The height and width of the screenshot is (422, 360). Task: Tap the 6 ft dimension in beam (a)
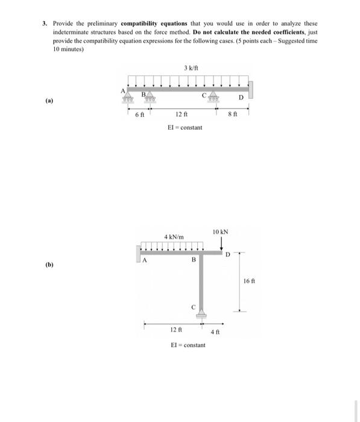[140, 115]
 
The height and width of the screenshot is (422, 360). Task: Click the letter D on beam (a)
[241, 96]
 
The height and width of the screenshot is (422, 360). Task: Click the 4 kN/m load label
[174, 236]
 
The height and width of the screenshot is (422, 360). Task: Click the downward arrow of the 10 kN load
[222, 242]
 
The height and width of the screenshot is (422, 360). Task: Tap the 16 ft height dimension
[250, 281]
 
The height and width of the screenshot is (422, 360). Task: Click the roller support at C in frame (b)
[202, 313]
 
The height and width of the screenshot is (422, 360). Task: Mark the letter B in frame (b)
[193, 260]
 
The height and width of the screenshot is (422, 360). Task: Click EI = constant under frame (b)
[188, 345]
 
